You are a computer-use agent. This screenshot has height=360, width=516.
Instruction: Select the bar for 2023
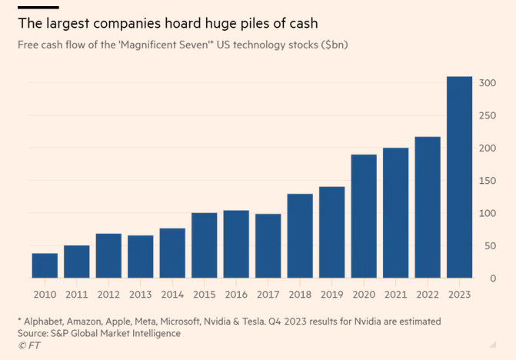click(x=459, y=177)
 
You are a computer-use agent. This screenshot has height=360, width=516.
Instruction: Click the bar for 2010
click(x=45, y=265)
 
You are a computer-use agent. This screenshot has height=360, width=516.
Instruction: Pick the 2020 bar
click(x=364, y=216)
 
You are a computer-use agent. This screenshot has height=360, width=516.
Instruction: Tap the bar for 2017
click(x=268, y=246)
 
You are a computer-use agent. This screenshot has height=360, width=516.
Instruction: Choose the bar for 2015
click(x=204, y=245)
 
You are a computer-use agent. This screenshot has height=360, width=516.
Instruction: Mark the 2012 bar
click(x=108, y=255)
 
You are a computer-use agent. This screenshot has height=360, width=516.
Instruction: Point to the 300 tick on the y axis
click(x=486, y=82)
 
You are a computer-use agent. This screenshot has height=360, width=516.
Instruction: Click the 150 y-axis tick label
click(x=486, y=180)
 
